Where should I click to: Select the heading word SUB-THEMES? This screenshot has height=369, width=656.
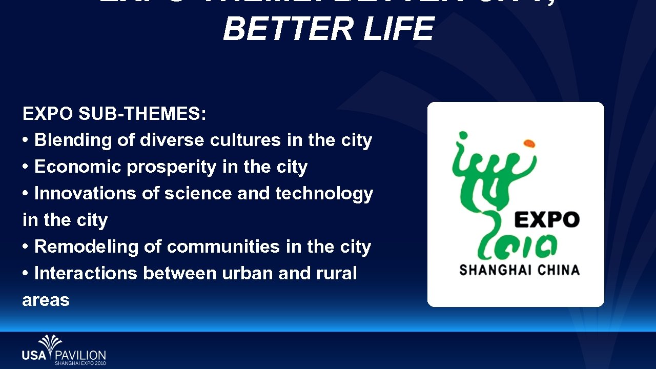tap(142, 114)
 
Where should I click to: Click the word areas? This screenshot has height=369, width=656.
tap(46, 300)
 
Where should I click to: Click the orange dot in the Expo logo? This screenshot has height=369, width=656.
tap(529, 144)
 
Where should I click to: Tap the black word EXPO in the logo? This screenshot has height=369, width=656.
tap(546, 220)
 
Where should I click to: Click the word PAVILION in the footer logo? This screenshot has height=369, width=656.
tap(80, 355)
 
